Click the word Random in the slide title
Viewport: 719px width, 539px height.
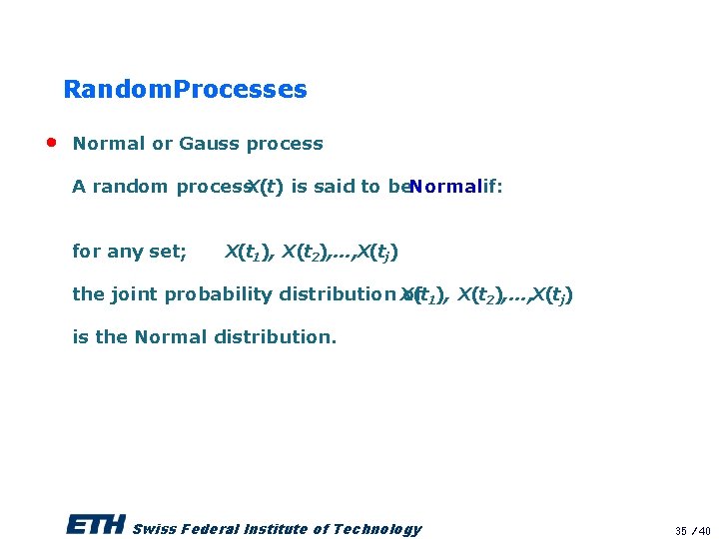[117, 90]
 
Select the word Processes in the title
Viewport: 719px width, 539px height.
[241, 90]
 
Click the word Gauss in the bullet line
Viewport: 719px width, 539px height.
[210, 144]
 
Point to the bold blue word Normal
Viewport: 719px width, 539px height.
[444, 187]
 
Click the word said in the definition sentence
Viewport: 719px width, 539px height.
[337, 187]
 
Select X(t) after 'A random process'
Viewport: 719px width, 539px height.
[265, 187]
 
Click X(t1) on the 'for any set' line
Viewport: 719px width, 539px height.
[250, 252]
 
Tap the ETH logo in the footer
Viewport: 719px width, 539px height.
[95, 526]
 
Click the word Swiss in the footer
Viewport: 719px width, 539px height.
[153, 529]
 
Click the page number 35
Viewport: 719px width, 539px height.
[681, 531]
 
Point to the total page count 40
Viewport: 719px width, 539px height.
[704, 531]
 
